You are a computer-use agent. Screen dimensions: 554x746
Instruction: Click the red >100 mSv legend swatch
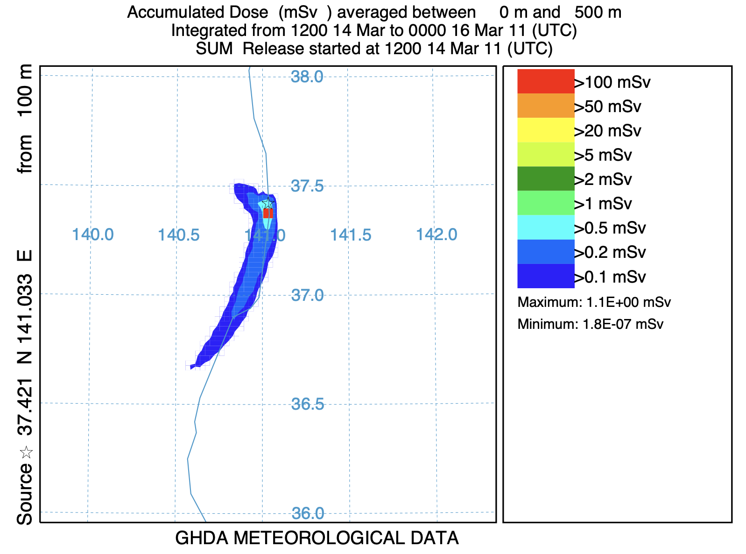(x=546, y=81)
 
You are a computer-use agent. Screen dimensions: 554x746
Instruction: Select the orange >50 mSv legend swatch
(x=546, y=106)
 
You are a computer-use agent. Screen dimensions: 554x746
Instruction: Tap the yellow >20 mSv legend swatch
(x=546, y=130)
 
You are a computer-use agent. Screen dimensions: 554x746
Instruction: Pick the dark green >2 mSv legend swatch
(x=546, y=178)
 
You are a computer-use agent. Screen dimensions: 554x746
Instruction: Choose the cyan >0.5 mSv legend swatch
(x=546, y=227)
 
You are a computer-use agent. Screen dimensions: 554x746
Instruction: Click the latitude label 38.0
(x=307, y=77)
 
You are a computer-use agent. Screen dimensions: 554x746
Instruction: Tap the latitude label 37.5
(x=307, y=186)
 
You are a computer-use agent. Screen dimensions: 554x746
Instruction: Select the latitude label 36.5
(x=307, y=405)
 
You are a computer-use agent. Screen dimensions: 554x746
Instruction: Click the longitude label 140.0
(x=92, y=234)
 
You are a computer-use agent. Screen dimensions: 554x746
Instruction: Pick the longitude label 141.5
(x=351, y=234)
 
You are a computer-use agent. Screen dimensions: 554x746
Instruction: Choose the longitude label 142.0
(x=436, y=234)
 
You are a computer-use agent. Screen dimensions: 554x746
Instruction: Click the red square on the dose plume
(x=268, y=213)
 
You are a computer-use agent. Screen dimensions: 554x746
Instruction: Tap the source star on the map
(x=267, y=203)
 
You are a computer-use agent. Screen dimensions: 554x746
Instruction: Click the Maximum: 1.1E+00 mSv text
(x=594, y=302)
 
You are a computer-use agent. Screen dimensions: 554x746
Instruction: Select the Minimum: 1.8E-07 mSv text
(x=590, y=324)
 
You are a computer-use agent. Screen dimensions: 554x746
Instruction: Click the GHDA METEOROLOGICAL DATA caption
(x=317, y=539)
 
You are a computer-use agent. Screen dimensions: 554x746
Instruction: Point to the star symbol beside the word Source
(x=26, y=452)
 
